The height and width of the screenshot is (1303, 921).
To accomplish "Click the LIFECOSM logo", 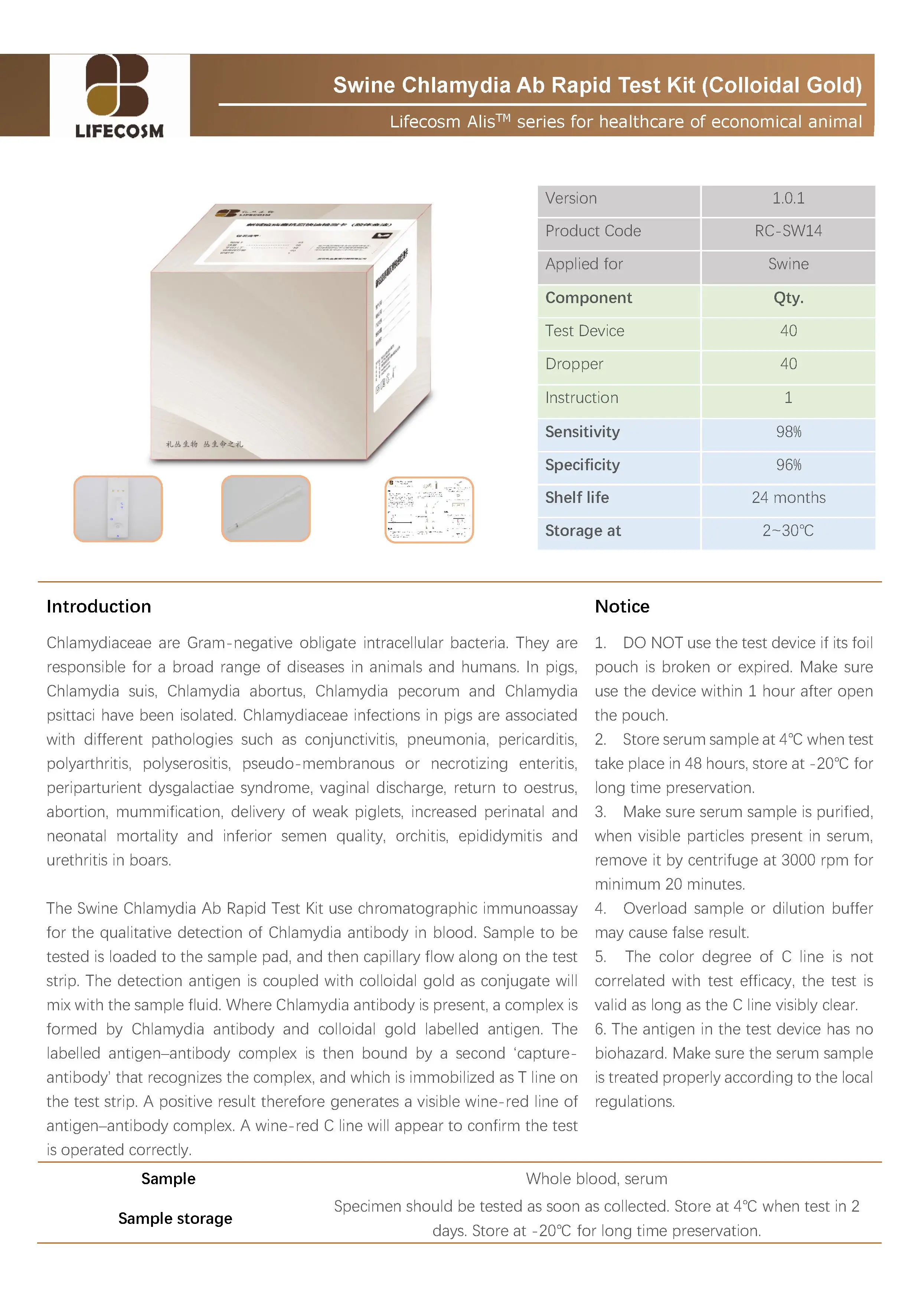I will (119, 95).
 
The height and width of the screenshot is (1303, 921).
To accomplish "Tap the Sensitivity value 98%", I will (788, 432).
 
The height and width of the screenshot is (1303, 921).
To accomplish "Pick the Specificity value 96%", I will (788, 465).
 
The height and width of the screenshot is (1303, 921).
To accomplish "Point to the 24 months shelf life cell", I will (788, 498).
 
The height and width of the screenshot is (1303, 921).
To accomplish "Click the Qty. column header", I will (788, 298).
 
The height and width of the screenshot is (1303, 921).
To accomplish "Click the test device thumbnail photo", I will (118, 508).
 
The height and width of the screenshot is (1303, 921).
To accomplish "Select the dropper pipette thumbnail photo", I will (266, 508).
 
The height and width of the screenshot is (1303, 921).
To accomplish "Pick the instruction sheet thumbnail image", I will (429, 510).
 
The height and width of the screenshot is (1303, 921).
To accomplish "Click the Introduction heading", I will (99, 606).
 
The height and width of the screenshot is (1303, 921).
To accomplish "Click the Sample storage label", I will (175, 1218).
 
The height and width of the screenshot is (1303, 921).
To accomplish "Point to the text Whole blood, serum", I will (596, 1178).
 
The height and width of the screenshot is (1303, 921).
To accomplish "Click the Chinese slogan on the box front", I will (204, 444).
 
